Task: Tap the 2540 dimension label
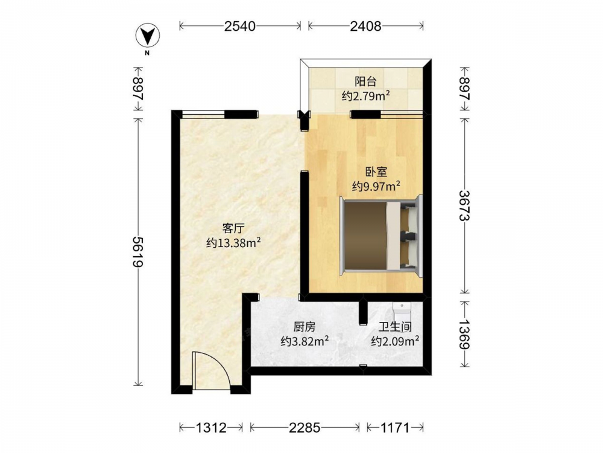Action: pyautogui.click(x=240, y=26)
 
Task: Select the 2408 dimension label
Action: pyautogui.click(x=365, y=26)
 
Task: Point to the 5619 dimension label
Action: pyautogui.click(x=138, y=251)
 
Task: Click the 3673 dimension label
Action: pyautogui.click(x=465, y=206)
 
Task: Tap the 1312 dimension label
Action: pyautogui.click(x=211, y=428)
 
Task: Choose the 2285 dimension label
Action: pyautogui.click(x=305, y=428)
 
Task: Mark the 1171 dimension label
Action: pyautogui.click(x=396, y=428)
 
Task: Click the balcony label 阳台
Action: pyautogui.click(x=365, y=82)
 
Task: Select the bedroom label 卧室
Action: pyautogui.click(x=376, y=172)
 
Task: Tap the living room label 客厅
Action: pyautogui.click(x=233, y=228)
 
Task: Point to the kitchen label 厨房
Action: pyautogui.click(x=305, y=327)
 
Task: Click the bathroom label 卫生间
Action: pyautogui.click(x=395, y=327)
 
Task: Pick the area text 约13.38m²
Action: pyautogui.click(x=233, y=243)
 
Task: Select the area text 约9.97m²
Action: pyautogui.click(x=376, y=187)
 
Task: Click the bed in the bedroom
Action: pyautogui.click(x=380, y=236)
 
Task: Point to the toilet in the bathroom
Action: pyautogui.click(x=402, y=309)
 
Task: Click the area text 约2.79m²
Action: pyautogui.click(x=366, y=96)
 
